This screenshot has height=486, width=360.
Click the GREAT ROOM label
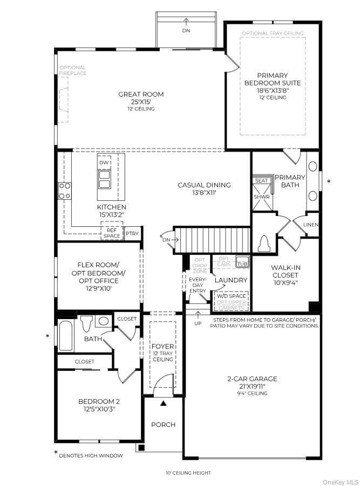(x=141, y=94)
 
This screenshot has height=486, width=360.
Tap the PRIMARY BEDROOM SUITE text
(x=273, y=79)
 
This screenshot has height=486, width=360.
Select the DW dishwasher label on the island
(x=105, y=163)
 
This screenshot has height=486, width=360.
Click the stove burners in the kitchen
(x=65, y=191)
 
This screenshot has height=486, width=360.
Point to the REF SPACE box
(x=112, y=233)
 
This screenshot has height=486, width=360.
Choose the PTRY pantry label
(x=132, y=234)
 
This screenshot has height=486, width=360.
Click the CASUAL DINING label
(x=204, y=185)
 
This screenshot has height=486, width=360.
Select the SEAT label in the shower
(x=262, y=181)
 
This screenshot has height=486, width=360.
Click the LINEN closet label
(x=311, y=225)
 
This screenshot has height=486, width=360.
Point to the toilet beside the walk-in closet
(x=265, y=244)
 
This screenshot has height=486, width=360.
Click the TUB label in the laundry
(x=242, y=264)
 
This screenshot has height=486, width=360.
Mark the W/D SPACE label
(x=231, y=296)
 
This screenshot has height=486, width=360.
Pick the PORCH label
(x=163, y=424)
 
